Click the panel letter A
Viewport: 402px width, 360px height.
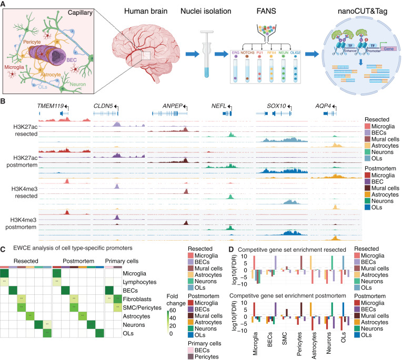pyautogui.click(x=4, y=4)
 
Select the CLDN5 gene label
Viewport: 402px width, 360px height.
pyautogui.click(x=104, y=106)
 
